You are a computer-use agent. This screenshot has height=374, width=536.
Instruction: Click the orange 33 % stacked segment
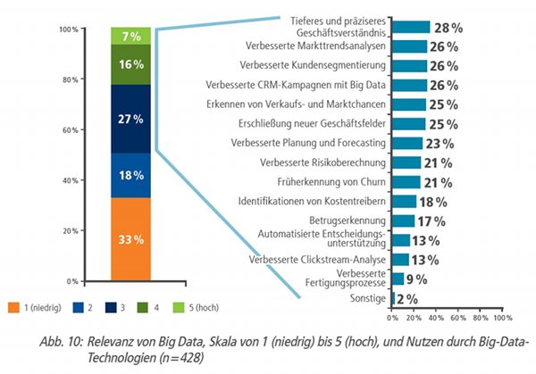click(x=131, y=238)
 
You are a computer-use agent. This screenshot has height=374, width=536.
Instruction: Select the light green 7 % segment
click(x=131, y=36)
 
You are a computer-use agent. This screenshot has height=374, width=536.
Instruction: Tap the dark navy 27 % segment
click(x=131, y=119)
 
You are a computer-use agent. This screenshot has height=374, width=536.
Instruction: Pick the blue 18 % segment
click(x=131, y=175)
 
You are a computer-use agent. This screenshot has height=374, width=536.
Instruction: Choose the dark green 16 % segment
click(x=131, y=65)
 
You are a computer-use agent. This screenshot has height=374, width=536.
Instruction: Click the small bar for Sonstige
click(x=393, y=298)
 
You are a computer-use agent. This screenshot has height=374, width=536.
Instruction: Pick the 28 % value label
click(x=448, y=28)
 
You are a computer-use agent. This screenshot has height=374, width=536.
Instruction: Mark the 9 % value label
click(x=417, y=278)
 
